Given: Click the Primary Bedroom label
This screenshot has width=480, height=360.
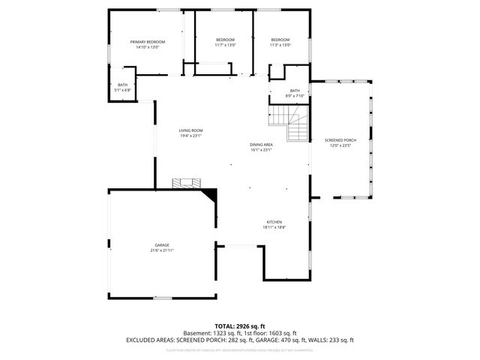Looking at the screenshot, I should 147,41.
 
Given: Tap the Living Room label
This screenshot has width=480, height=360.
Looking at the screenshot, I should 190,130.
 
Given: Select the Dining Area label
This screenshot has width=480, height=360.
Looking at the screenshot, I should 261,144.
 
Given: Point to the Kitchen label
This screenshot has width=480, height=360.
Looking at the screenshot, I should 274,222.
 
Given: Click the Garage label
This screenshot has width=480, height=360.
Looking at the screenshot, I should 162,244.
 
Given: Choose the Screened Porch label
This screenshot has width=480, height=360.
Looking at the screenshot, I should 340,140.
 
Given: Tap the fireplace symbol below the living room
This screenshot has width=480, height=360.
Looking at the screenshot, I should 186,182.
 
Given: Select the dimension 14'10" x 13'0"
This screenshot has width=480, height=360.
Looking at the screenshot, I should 147,46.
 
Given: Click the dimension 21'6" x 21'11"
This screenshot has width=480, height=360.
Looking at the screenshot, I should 162,250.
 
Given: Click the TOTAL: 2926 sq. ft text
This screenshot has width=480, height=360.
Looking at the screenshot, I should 239,326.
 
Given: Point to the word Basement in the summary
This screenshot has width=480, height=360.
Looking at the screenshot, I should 196,333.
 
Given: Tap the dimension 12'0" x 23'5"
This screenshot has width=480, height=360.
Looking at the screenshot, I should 340,145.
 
